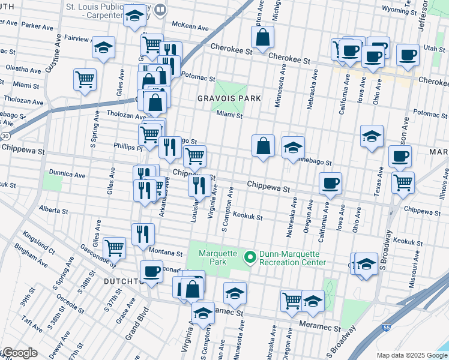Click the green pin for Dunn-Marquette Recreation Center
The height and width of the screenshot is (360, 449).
point(251,257)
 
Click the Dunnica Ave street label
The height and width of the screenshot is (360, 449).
point(67,175)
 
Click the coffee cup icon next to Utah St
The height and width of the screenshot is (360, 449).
point(408,55)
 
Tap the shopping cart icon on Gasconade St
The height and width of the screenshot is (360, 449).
point(114,246)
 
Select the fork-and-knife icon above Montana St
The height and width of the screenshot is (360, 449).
point(143,233)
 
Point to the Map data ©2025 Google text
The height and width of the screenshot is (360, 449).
point(412,355)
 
